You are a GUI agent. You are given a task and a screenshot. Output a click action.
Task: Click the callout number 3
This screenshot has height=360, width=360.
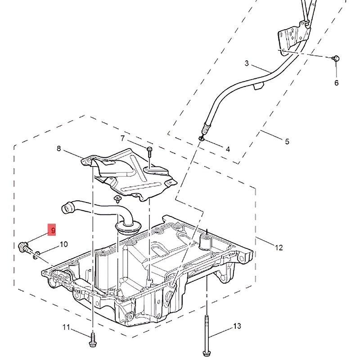click(247, 63)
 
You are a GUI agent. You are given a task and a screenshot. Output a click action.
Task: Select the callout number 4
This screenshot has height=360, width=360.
click(228, 149)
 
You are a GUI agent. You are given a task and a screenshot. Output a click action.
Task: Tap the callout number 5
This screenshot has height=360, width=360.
click(287, 142)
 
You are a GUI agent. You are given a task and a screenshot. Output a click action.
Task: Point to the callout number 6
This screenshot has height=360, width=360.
click(336, 83)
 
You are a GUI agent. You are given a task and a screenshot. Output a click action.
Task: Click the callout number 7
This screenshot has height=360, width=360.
click(122, 138)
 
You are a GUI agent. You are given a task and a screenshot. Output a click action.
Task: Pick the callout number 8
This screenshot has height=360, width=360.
click(58, 148)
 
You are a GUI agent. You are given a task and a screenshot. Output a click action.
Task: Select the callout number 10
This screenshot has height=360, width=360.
click(63, 244)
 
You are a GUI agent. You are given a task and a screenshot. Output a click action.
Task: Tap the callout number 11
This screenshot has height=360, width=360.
click(66, 327)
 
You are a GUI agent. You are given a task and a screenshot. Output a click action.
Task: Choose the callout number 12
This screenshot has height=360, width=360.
click(279, 247)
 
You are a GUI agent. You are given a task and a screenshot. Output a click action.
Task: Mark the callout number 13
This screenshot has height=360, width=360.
click(237, 326)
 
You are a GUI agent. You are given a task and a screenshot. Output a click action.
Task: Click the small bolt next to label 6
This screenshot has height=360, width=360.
click(336, 58)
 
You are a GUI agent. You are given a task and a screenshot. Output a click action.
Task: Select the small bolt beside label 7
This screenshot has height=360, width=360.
click(149, 150)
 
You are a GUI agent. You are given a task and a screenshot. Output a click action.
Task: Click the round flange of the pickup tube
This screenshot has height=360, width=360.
click(128, 226)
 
